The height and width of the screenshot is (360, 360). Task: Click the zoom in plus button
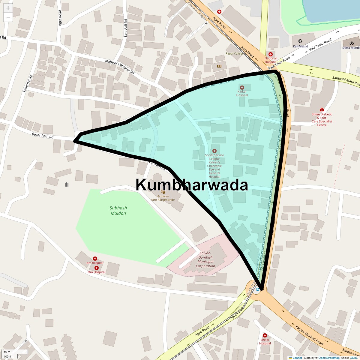pyautogui.click(x=8, y=8)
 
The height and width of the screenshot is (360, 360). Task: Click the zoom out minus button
pyautogui.click(x=8, y=17)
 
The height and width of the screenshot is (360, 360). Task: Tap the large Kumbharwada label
pyautogui.click(x=192, y=185)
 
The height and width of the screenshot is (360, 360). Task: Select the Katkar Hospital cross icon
pyautogui.click(x=242, y=87)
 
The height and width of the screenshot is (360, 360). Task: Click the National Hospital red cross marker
pyautogui.click(x=271, y=54)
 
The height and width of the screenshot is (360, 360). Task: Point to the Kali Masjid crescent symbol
pyautogui.click(x=300, y=41)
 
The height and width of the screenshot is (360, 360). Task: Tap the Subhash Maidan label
pyautogui.click(x=118, y=211)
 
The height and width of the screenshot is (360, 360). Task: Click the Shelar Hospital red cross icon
pyautogui.click(x=265, y=335)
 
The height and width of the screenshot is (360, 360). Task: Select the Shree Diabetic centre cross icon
pyautogui.click(x=322, y=110)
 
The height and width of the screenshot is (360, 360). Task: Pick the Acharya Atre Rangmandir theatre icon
pyautogui.click(x=163, y=191)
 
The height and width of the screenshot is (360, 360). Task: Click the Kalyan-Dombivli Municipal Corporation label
pyautogui.click(x=205, y=259)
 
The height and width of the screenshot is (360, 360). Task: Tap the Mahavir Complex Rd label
pyautogui.click(x=120, y=67)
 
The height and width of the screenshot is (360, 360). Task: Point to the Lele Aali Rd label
pyautogui.click(x=126, y=28)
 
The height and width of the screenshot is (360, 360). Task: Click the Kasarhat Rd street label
pyautogui.click(x=27, y=83)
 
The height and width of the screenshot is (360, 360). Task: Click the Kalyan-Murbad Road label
pyautogui.click(x=309, y=335)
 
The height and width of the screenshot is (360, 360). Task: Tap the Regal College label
pyautogui.click(x=235, y=53)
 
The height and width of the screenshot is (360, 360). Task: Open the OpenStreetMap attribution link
pyautogui.click(x=329, y=358)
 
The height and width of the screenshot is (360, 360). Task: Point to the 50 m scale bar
pyautogui.click(x=15, y=352)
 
